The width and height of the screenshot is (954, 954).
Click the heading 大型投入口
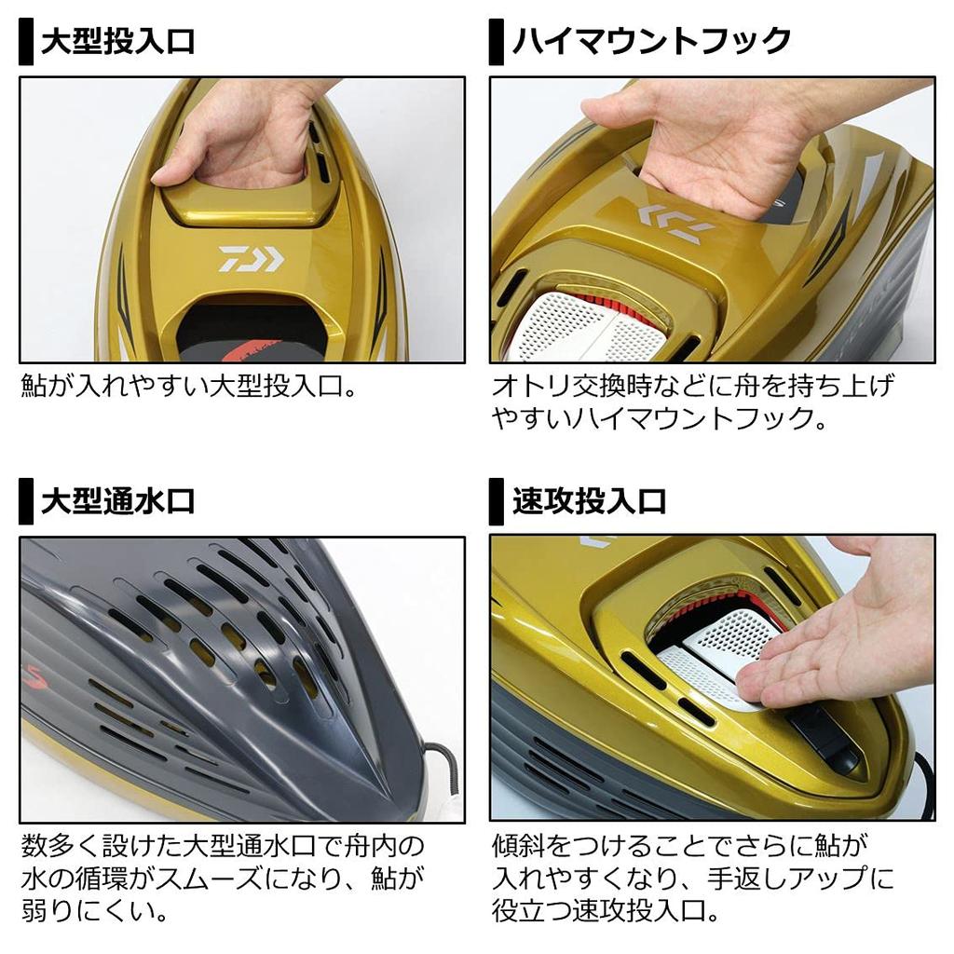(x=117, y=41)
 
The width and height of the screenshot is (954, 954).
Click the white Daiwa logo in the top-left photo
(x=251, y=258)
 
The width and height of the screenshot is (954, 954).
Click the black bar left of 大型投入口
(x=26, y=43)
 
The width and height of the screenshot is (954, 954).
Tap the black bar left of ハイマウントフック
(x=497, y=43)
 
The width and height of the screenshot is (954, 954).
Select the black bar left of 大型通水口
(x=26, y=503)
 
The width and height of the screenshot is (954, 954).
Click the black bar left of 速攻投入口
(x=497, y=503)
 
